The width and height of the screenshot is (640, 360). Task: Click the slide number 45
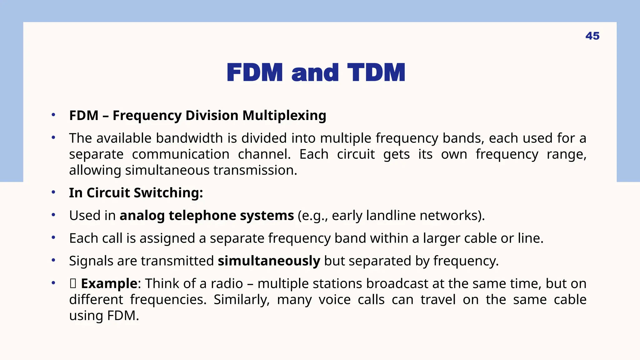coord(592,36)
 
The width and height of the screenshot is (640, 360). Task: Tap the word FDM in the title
coord(255,73)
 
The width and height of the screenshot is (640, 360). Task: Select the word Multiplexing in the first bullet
coord(284,116)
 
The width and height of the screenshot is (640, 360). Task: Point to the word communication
coord(181,154)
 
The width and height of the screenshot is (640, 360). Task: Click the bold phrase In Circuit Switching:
coord(136,193)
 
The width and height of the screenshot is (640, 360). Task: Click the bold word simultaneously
coord(269,261)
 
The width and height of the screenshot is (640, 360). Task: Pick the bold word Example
coord(109,284)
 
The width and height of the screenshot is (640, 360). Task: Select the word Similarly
coord(241,300)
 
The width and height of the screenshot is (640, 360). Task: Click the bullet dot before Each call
coord(53,238)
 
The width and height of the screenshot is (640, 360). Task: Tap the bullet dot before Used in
coord(53,215)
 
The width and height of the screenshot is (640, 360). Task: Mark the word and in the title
coord(315,73)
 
